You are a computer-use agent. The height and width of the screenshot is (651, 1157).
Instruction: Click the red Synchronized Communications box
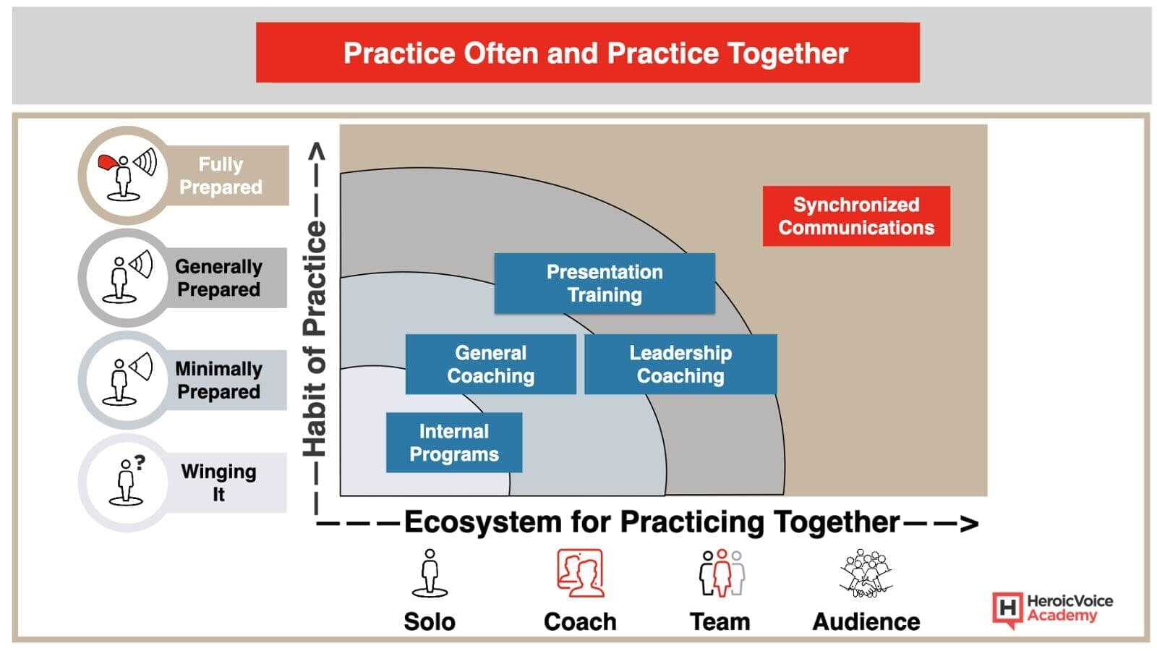856,216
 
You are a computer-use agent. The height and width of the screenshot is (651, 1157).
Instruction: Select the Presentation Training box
605,283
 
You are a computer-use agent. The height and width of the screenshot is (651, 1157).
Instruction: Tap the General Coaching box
491,365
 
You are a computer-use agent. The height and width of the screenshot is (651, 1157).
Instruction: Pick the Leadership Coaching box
680,365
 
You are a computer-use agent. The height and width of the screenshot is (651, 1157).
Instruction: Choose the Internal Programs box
454,442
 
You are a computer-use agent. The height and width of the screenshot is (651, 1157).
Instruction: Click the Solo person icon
430,573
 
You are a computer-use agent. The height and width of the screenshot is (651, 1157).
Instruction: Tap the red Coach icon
580,573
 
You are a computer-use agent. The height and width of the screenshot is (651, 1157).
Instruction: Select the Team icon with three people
722,572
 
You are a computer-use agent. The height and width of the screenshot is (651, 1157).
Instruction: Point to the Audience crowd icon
866,573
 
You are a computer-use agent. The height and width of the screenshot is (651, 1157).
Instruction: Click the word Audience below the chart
866,621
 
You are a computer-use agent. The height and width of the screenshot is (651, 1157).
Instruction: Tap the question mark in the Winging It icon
140,462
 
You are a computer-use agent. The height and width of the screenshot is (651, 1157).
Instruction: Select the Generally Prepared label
218,278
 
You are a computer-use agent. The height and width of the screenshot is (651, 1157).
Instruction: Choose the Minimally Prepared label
218,380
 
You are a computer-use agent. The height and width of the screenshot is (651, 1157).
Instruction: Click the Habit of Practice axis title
315,339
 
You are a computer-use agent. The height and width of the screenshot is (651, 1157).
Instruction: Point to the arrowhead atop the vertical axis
316,151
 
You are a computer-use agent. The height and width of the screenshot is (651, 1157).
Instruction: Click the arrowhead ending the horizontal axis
969,524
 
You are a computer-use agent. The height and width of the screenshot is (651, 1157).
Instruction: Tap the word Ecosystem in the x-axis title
482,522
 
